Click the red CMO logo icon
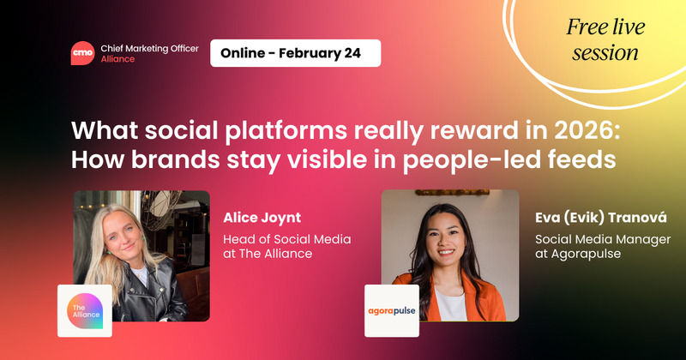point(83,53)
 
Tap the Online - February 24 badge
point(295,53)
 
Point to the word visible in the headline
point(296,160)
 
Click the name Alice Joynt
point(262,216)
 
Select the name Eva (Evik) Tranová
point(601,216)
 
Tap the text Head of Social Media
point(286,239)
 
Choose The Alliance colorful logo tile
point(85,309)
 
